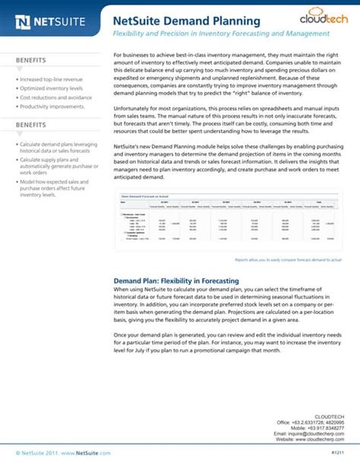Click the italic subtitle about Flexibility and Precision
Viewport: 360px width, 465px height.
221,34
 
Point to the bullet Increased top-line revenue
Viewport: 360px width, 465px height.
52,79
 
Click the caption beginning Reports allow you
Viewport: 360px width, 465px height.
288,260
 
